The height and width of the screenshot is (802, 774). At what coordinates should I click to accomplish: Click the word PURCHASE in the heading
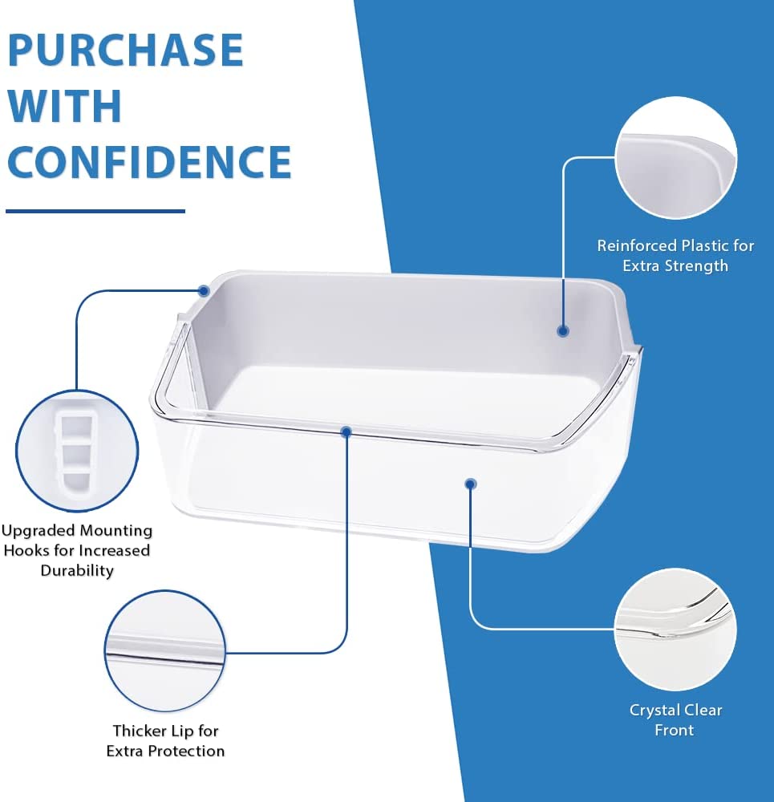125,50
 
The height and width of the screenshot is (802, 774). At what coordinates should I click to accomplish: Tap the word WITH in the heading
64,105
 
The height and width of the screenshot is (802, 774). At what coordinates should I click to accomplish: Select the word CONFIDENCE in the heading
149,161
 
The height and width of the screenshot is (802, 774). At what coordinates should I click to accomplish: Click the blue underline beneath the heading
95,211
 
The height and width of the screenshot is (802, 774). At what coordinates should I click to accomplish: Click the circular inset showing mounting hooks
77,451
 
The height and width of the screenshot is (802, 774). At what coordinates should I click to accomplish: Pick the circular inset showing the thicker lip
164,650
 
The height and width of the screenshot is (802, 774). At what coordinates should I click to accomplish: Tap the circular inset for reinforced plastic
676,158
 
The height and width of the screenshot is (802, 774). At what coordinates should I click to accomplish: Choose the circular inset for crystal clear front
675,629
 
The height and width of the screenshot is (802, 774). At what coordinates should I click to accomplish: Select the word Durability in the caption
77,570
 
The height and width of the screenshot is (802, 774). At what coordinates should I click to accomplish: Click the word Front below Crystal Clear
675,730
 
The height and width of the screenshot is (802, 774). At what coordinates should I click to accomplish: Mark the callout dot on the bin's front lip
346,432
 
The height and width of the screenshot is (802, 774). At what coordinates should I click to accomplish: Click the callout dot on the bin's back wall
563,331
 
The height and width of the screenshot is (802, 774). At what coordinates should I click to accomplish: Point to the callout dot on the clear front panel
471,484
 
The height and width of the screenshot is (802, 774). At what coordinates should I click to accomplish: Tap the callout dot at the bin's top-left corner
204,291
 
